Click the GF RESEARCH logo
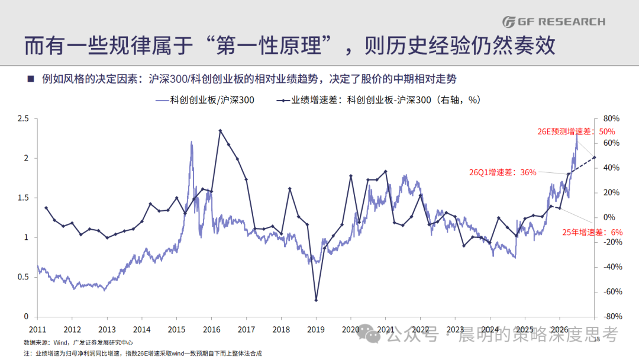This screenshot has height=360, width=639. (x=553, y=21)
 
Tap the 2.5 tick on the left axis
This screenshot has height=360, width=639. (x=23, y=118)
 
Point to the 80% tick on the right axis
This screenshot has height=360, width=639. (x=611, y=118)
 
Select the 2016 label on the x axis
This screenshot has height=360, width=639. (x=211, y=329)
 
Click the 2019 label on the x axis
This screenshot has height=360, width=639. (x=316, y=329)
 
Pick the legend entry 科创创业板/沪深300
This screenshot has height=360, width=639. (x=205, y=100)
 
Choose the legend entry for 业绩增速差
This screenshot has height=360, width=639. (x=379, y=100)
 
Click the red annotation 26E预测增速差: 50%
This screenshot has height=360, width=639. (x=576, y=131)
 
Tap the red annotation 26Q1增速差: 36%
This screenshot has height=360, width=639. (x=502, y=172)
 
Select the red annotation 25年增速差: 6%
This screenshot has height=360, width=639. (x=592, y=232)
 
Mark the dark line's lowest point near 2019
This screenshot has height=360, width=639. (x=316, y=300)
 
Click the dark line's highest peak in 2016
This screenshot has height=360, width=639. (x=220, y=131)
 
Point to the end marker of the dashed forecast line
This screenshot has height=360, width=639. (x=594, y=157)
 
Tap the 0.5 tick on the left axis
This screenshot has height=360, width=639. (x=23, y=277)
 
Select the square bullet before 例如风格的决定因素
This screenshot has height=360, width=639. (x=31, y=79)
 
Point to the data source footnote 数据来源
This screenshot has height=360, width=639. (x=78, y=343)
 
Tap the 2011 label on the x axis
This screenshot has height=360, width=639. (x=37, y=329)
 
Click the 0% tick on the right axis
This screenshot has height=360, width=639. (x=609, y=217)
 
